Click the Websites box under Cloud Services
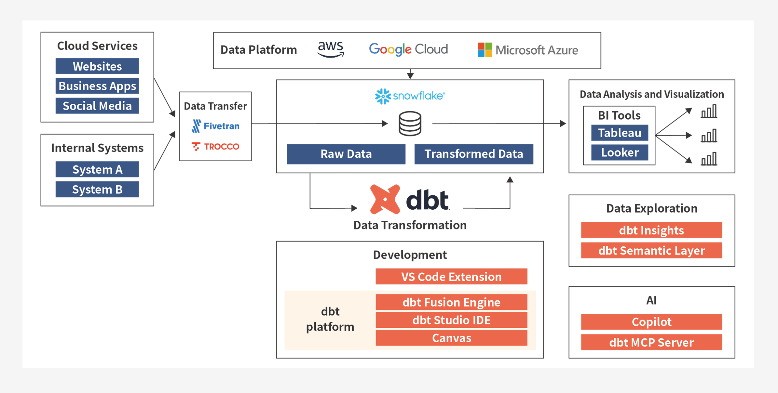97,66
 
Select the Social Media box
97,106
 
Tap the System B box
97,190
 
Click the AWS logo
331,49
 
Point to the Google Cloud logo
408,49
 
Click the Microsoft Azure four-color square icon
485,50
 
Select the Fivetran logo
215,126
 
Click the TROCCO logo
215,147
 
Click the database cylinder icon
410,124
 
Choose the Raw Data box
346,154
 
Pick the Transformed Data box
473,154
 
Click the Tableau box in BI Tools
619,133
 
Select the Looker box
619,152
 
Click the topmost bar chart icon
709,111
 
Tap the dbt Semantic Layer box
651,251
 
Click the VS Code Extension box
451,277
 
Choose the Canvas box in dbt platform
451,338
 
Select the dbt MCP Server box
651,342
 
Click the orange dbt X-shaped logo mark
385,199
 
